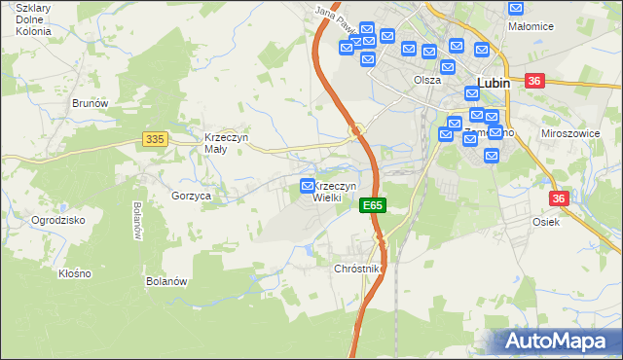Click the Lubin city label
493,84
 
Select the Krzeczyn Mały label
227,143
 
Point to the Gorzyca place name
192,196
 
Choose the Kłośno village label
74,273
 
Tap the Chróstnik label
358,268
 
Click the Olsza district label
426,81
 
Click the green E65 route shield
373,205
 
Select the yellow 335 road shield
154,139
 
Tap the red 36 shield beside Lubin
533,82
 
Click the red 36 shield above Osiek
558,198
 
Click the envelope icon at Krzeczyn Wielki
308,185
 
